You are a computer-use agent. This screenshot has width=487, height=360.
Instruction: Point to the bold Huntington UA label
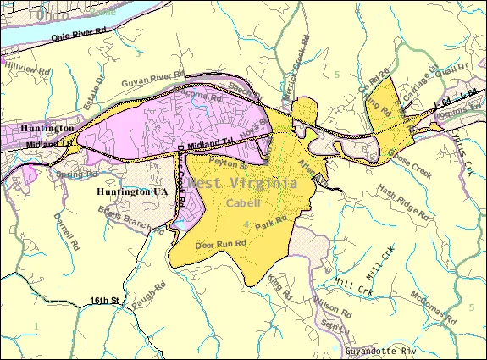point(131,192)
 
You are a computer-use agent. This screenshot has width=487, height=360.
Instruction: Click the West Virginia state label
point(242,183)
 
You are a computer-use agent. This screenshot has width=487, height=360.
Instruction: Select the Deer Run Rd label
point(220,244)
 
